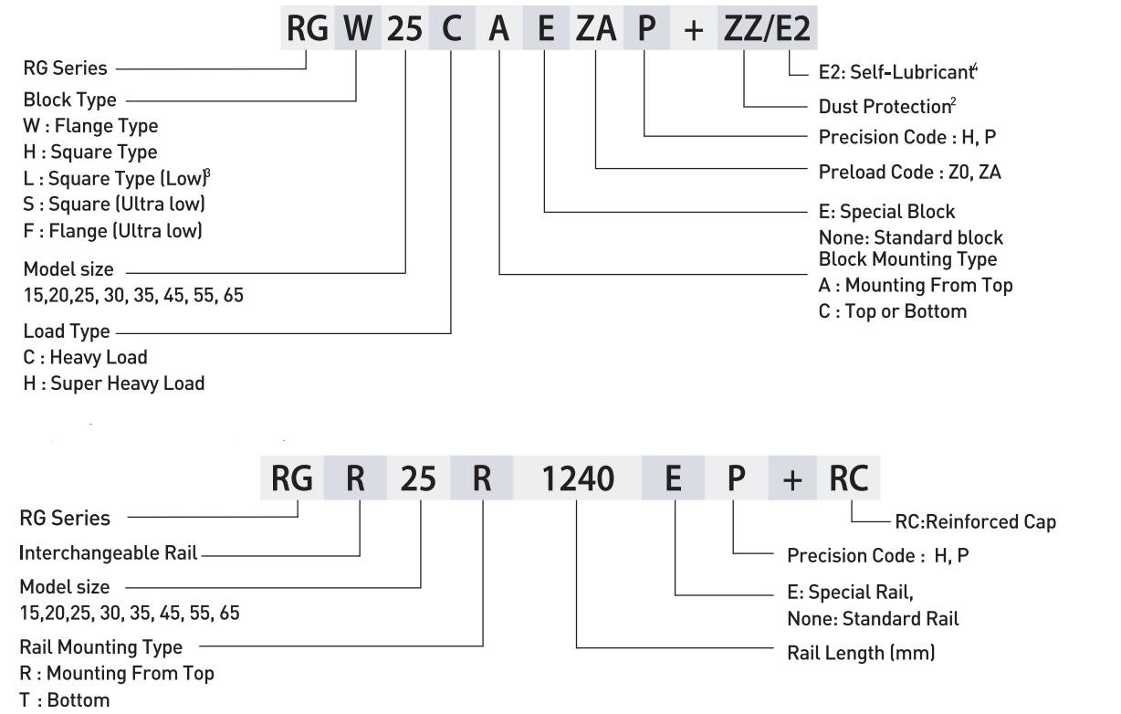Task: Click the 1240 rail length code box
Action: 578,478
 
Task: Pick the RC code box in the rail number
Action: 848,478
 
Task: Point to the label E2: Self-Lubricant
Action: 898,72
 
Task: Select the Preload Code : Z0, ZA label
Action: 909,172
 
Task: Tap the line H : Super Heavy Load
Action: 114,383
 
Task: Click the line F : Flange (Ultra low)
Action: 113,231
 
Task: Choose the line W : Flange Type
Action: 90,126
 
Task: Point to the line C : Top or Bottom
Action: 892,311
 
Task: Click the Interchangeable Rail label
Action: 109,553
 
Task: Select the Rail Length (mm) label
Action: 861,654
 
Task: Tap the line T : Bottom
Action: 65,700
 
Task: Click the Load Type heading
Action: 67,331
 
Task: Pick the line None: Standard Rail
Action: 873,619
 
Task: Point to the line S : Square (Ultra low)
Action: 114,205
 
